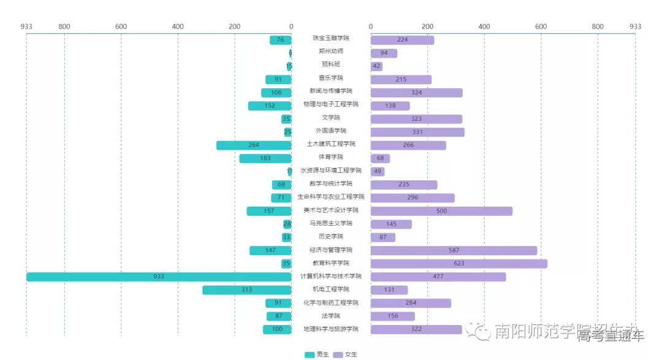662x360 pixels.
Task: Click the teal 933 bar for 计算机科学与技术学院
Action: coord(158,277)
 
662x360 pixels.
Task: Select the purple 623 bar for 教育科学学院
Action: coord(458,264)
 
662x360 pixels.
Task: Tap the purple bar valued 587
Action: coord(454,250)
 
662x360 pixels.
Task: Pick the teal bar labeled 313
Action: coord(246,289)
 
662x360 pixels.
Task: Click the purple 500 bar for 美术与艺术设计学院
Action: coord(441,211)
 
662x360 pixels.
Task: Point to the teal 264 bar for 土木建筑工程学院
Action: coord(253,145)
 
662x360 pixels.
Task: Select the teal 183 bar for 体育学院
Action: coord(265,158)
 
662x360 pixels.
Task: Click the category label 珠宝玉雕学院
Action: coord(331,39)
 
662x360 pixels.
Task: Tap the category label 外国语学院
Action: coord(331,131)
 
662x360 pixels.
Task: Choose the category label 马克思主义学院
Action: coord(331,223)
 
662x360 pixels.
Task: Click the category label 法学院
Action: coord(331,316)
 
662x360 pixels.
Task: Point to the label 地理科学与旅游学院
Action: coord(331,329)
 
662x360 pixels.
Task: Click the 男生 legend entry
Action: coord(317,354)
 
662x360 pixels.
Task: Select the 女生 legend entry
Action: coord(346,354)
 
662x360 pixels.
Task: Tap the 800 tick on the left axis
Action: coord(64,26)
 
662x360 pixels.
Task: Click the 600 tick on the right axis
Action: coord(541,26)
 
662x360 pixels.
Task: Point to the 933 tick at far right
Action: coord(635,26)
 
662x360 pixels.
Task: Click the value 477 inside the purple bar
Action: coord(438,277)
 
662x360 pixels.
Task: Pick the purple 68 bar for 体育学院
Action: coord(380,158)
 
